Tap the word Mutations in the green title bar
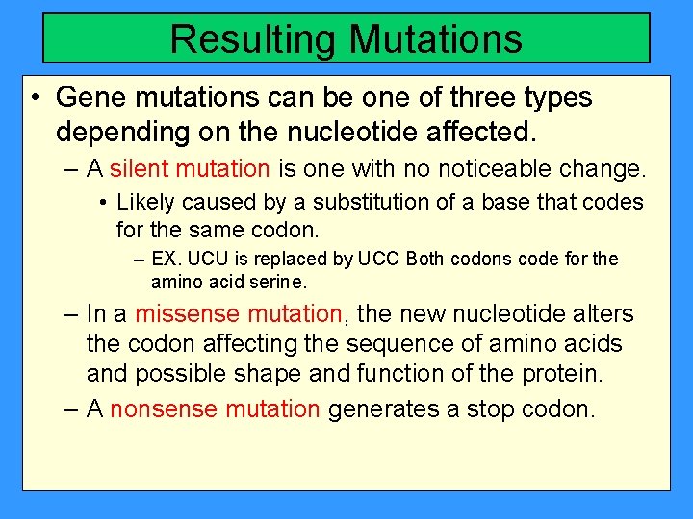(436, 39)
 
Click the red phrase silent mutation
(190, 170)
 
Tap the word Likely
(143, 203)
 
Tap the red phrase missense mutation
(238, 314)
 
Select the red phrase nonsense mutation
(215, 409)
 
